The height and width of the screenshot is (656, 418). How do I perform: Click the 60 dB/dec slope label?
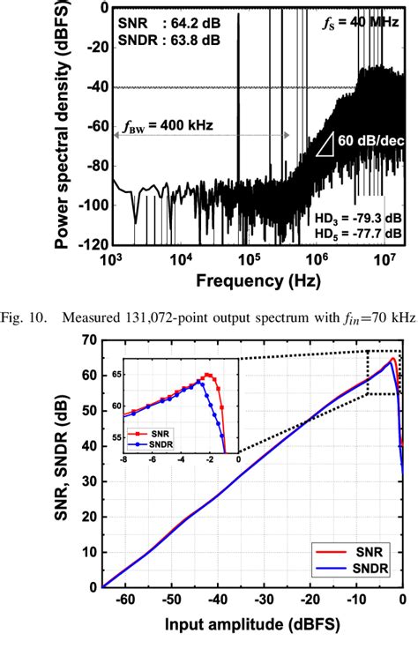click(x=369, y=140)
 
